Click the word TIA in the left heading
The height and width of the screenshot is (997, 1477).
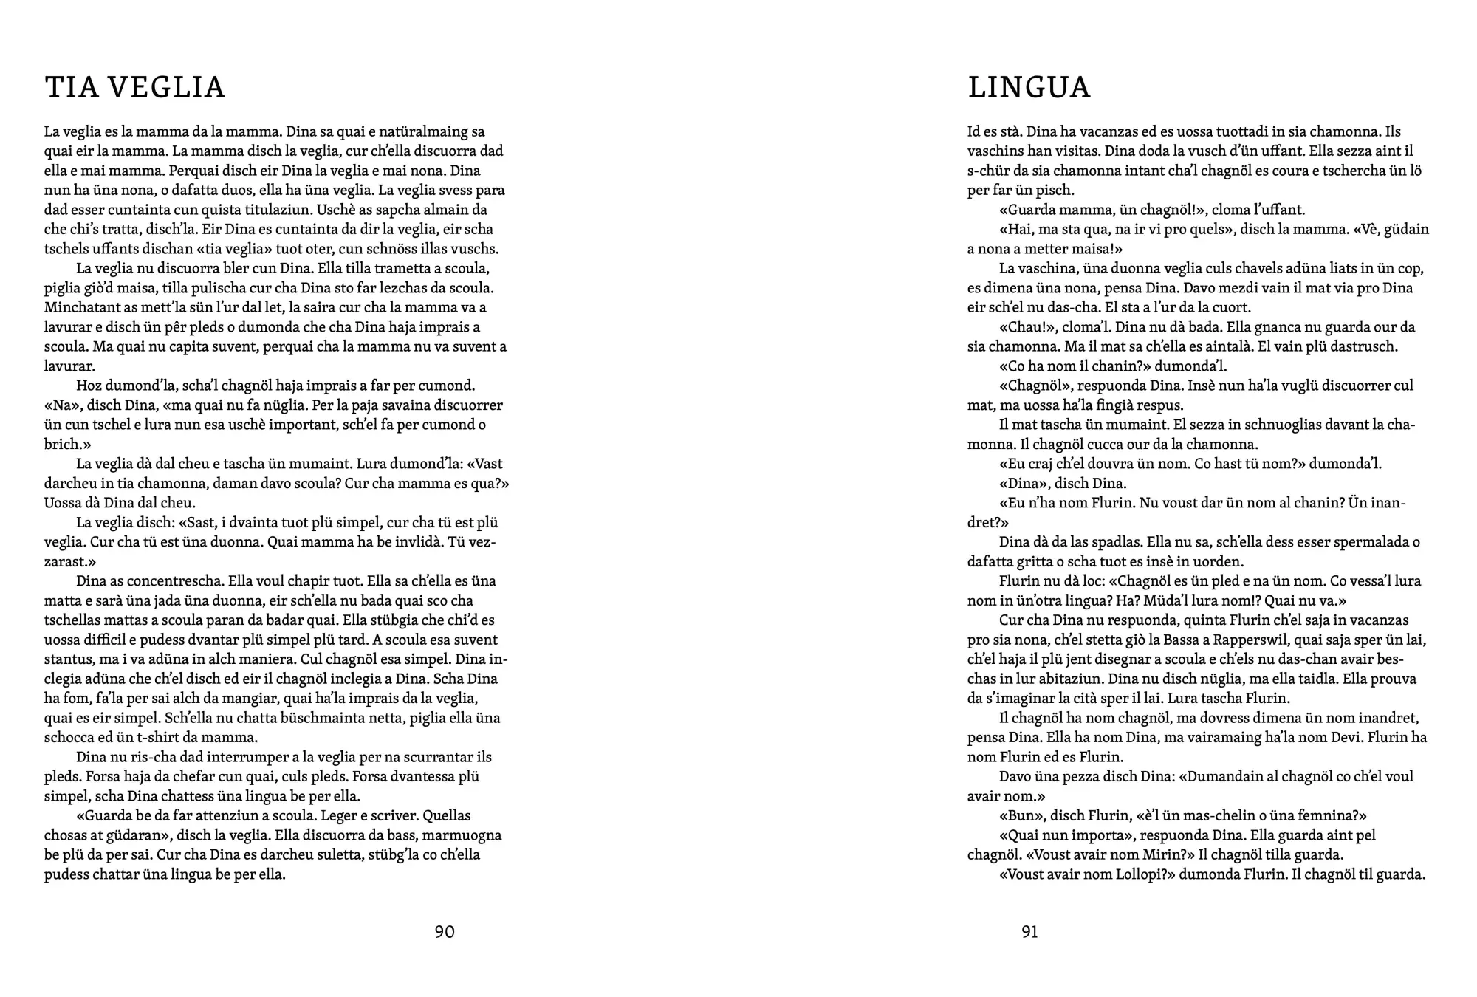tap(71, 87)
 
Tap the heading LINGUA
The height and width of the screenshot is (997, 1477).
tap(1029, 87)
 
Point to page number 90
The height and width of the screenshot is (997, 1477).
tap(445, 932)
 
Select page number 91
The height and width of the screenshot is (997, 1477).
tap(1029, 932)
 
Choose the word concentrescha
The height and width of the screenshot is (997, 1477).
tap(160, 580)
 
